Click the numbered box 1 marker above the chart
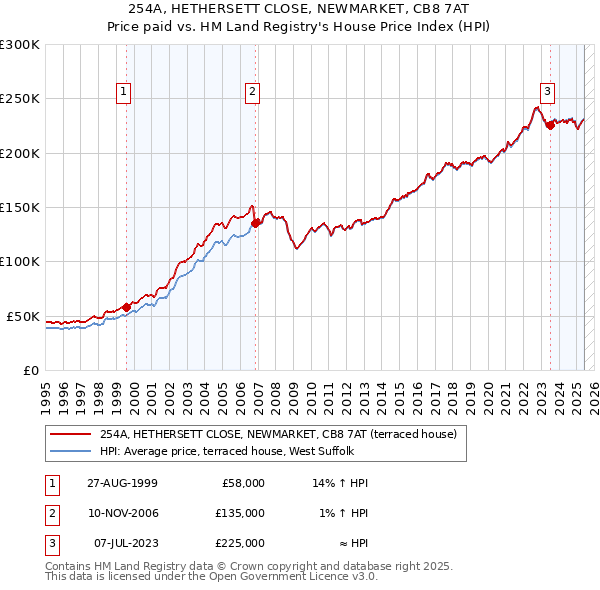click(x=123, y=92)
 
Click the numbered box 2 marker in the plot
click(x=252, y=92)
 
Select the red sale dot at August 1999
click(x=127, y=307)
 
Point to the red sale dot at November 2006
click(x=256, y=223)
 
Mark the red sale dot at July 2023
click(x=550, y=126)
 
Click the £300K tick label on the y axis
click(x=19, y=45)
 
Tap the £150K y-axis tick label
click(x=19, y=207)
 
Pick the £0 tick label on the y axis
click(x=31, y=370)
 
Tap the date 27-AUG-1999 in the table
click(x=122, y=483)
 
